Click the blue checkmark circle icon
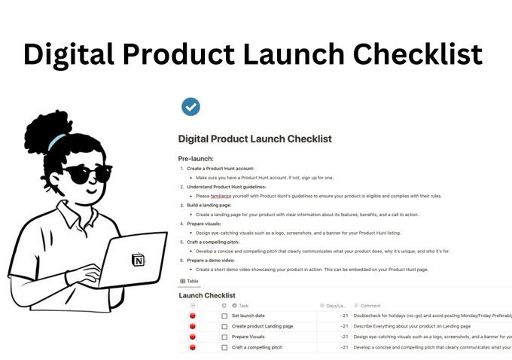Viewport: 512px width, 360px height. coord(191,107)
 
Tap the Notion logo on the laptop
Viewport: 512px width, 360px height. coord(138,260)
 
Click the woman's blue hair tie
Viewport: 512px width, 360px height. coord(57,141)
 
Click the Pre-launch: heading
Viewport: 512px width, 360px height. coord(197,159)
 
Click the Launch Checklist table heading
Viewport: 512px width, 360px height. coord(207,295)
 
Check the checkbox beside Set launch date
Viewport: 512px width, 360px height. coord(224,316)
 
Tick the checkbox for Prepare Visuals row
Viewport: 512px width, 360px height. coord(224,337)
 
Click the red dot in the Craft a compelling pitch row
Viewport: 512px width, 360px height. coord(193,347)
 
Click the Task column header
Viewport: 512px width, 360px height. coord(243,306)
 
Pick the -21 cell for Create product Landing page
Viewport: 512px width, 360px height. coord(343,326)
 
